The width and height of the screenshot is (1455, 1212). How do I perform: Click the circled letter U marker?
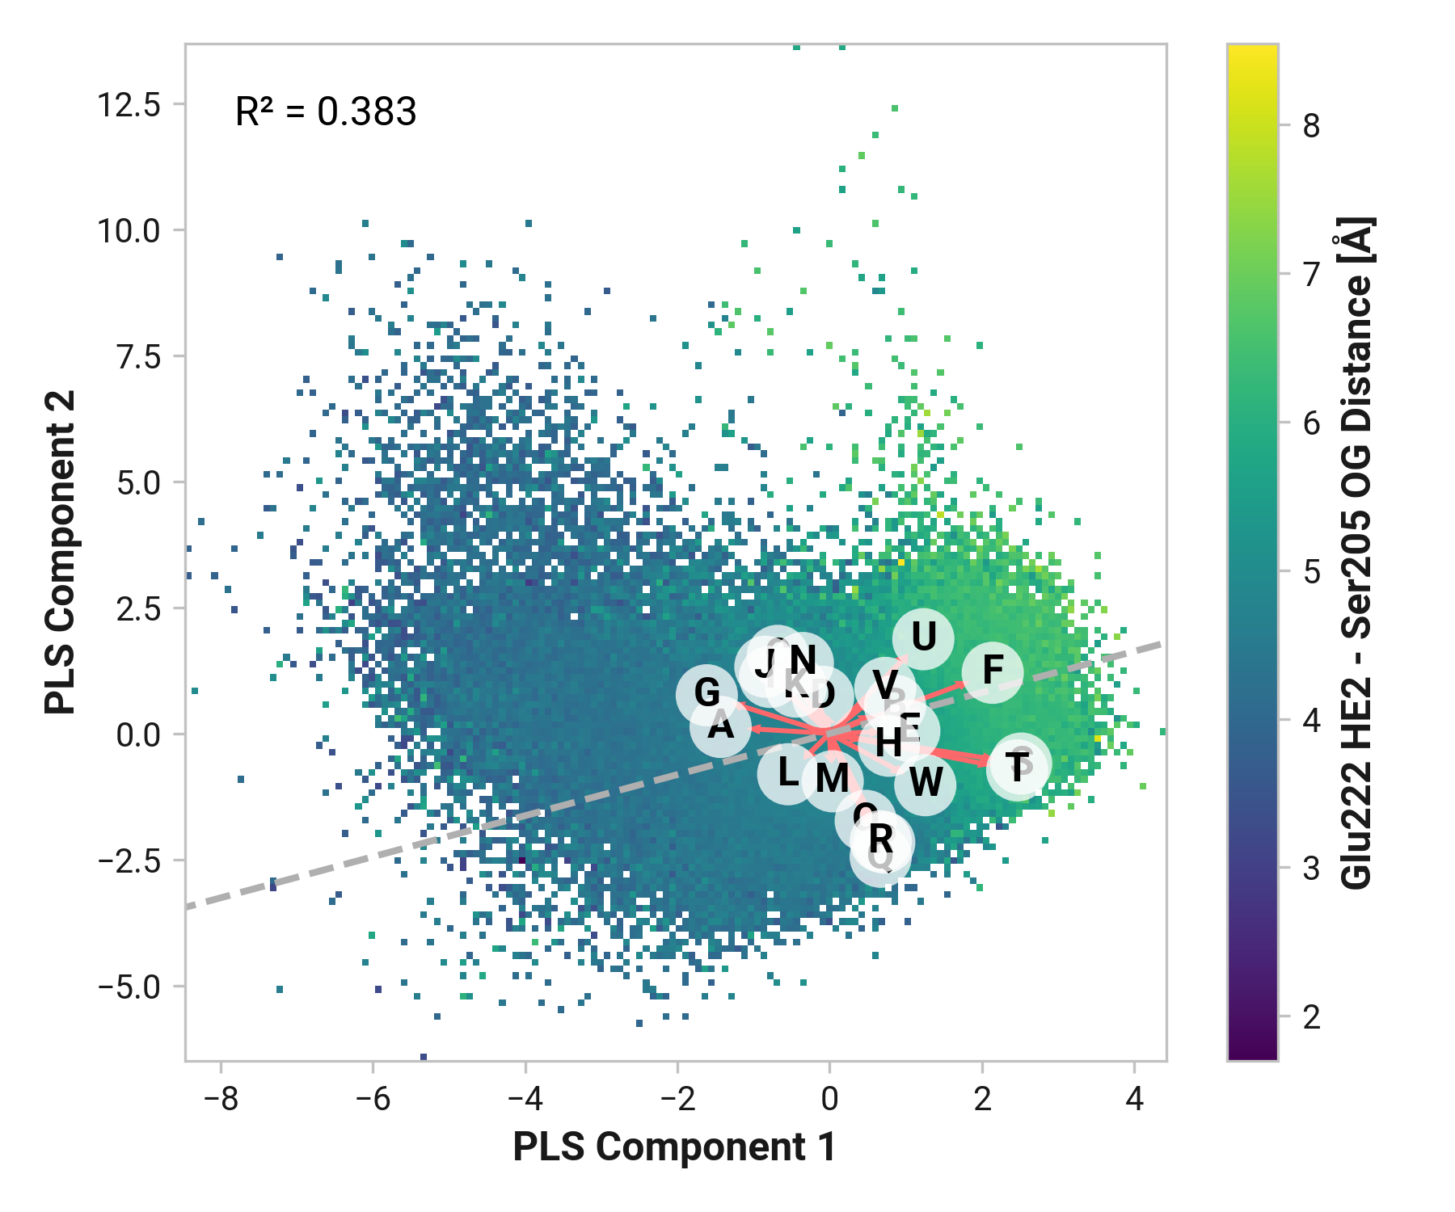tap(923, 638)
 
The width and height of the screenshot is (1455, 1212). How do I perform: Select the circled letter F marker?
tap(993, 671)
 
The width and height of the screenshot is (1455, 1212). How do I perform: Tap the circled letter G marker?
tap(706, 693)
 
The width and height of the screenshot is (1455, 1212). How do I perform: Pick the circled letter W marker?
tap(926, 783)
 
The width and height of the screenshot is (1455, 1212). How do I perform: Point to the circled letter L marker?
tap(788, 773)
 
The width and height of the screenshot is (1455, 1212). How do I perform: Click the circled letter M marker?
tap(832, 780)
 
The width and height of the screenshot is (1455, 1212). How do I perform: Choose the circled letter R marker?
tap(881, 840)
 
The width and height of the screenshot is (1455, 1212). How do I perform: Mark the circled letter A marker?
tap(720, 726)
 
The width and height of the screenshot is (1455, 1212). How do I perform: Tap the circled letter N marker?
tap(802, 662)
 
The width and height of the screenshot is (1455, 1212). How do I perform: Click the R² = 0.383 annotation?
tap(326, 112)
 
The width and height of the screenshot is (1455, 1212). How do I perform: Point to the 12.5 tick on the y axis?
tap(129, 105)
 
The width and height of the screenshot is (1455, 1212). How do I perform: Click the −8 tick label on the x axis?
tap(221, 1100)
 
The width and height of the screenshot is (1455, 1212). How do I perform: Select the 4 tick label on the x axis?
tap(1135, 1100)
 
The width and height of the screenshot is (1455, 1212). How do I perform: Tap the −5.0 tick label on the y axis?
tap(129, 987)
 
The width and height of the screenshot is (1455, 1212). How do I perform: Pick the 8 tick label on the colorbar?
tap(1311, 126)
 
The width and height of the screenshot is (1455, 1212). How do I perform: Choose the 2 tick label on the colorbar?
tap(1311, 1017)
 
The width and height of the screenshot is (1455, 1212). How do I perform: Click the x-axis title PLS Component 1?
tap(675, 1148)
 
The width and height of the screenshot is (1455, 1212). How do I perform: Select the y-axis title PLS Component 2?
tap(61, 552)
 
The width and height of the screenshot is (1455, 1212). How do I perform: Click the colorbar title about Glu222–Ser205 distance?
tap(1356, 552)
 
